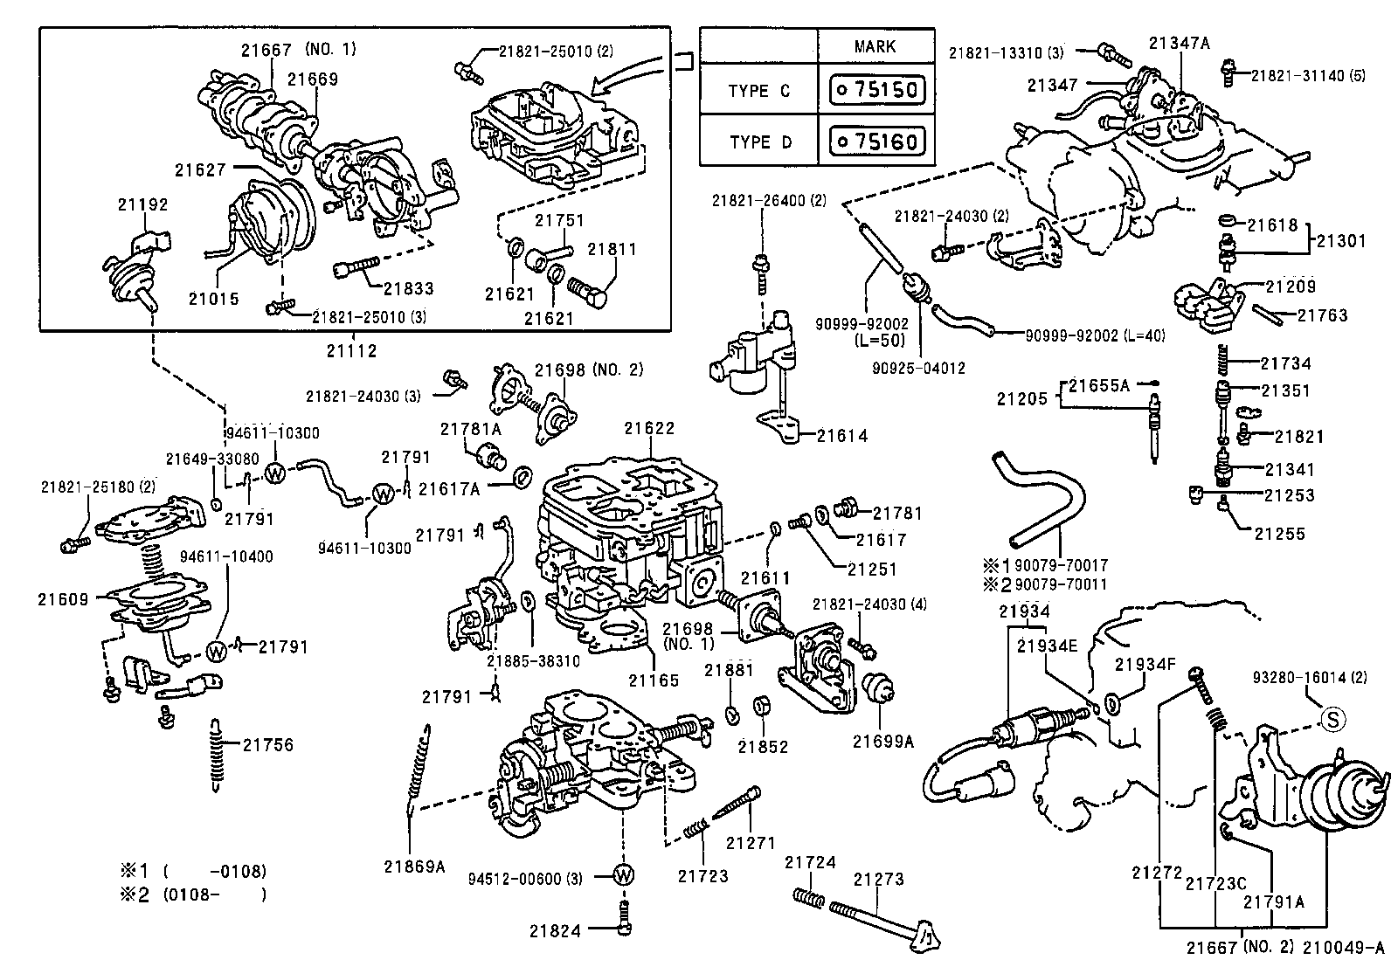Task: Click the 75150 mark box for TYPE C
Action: (x=876, y=90)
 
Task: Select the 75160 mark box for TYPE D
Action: (x=876, y=141)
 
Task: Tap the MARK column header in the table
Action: (x=875, y=46)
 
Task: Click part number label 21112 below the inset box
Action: (x=352, y=350)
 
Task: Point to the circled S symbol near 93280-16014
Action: (x=1332, y=720)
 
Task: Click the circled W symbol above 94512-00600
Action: (x=623, y=875)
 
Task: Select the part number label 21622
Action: (x=649, y=428)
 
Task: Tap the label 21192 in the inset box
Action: (x=143, y=204)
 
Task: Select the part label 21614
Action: (x=841, y=435)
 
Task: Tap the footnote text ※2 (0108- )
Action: (x=192, y=894)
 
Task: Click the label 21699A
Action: (x=883, y=742)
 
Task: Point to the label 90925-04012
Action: (x=918, y=368)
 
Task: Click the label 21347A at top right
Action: (x=1179, y=42)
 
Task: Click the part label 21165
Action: (x=653, y=680)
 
